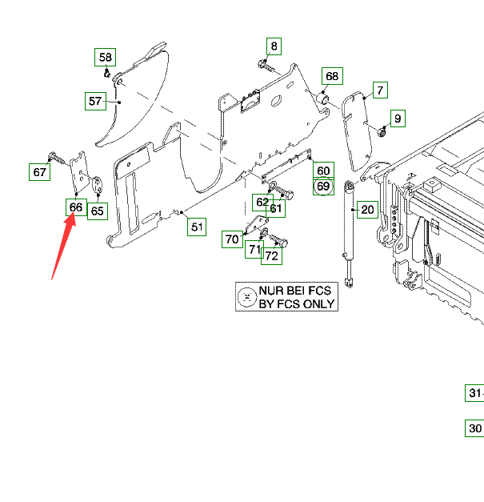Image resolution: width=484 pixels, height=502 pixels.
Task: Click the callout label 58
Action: (x=106, y=58)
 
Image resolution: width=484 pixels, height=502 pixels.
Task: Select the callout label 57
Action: (x=96, y=101)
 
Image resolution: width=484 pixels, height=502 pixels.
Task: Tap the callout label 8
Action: (x=274, y=46)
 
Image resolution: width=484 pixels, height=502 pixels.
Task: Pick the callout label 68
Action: (x=331, y=77)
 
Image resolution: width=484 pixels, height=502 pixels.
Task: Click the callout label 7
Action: (x=380, y=90)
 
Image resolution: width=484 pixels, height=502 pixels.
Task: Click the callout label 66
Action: (x=75, y=207)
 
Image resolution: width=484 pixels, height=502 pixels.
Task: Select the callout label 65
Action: (x=97, y=211)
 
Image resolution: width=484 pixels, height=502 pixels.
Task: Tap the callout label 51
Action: (x=197, y=227)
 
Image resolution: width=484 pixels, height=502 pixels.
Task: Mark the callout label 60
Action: (x=322, y=171)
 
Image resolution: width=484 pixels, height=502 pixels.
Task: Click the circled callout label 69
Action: (x=322, y=187)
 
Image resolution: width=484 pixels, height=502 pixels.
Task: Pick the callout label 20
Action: (x=367, y=211)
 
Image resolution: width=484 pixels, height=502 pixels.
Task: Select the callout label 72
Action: (x=272, y=256)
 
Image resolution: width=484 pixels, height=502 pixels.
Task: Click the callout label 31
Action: (x=475, y=393)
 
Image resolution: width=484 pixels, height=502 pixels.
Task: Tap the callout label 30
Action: (x=475, y=428)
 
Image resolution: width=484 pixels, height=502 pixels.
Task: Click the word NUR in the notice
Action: (x=273, y=291)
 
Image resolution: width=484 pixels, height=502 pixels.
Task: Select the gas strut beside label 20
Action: (x=350, y=232)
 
